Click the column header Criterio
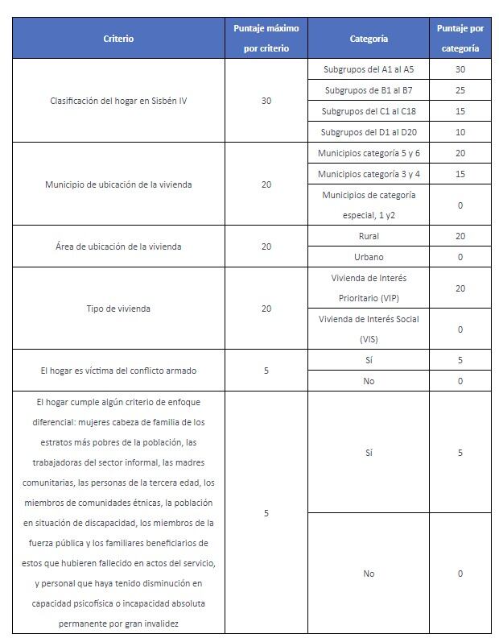118,38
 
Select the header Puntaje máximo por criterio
266,38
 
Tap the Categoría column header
369,38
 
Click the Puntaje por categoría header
460,38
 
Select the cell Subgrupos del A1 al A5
369,69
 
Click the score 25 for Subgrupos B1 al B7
460,90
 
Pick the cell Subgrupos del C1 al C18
369,111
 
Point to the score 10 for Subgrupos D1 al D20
460,132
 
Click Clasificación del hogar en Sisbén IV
118,101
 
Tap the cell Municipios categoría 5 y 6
369,153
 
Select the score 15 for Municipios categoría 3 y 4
460,174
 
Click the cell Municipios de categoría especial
369,205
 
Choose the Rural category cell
369,236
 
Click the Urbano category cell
369,257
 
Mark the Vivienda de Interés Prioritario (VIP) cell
369,288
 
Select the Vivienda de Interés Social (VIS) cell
369,329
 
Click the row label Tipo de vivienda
118,309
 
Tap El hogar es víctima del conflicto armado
118,371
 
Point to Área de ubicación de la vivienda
118,246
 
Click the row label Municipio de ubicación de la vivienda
118,184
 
